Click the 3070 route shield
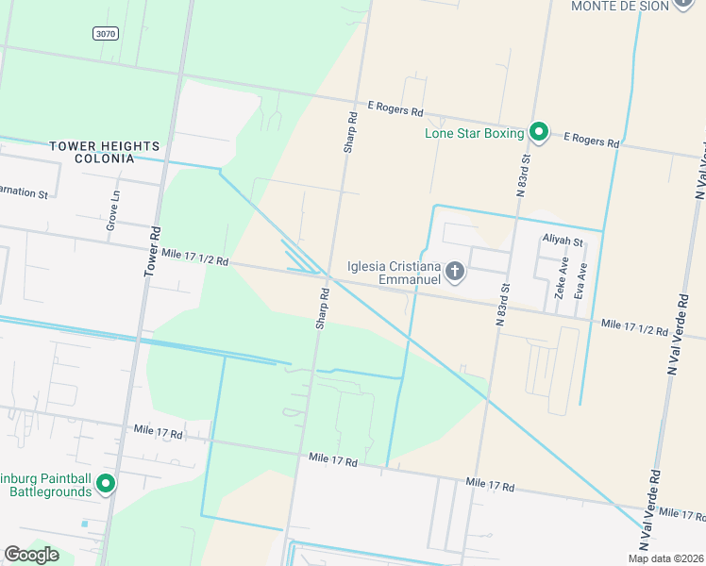(106, 33)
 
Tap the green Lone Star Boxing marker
(539, 132)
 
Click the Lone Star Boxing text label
(474, 133)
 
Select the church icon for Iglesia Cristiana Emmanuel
(455, 273)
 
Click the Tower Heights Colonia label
(104, 152)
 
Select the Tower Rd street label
(152, 250)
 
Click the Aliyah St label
(563, 241)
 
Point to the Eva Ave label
(580, 280)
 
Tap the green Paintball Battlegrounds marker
(106, 484)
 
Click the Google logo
(31, 555)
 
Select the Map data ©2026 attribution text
(664, 558)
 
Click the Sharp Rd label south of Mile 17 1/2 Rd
(323, 308)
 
